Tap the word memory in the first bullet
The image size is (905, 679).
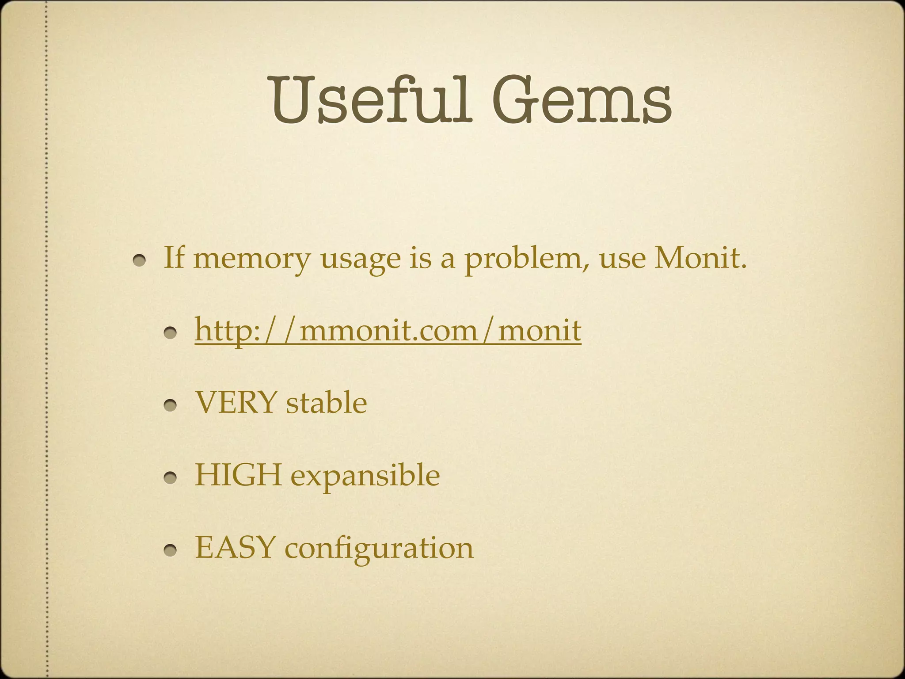click(x=252, y=259)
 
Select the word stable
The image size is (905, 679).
click(x=326, y=403)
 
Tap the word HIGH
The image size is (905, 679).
click(x=238, y=475)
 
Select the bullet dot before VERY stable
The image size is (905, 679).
click(x=171, y=406)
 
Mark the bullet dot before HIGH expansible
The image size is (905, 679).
click(x=171, y=478)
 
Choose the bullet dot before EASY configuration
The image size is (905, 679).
click(x=171, y=551)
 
